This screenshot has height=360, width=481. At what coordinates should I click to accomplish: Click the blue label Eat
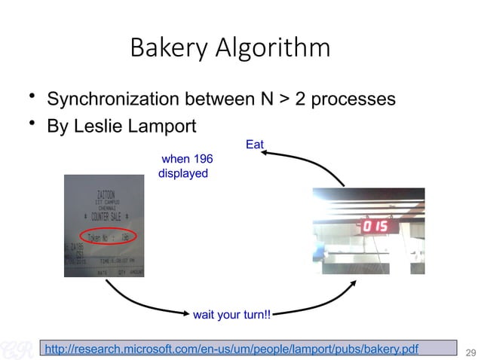[x=255, y=143]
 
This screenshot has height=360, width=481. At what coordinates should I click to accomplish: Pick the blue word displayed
[x=182, y=173]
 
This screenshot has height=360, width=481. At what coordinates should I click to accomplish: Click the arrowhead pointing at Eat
[x=265, y=153]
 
